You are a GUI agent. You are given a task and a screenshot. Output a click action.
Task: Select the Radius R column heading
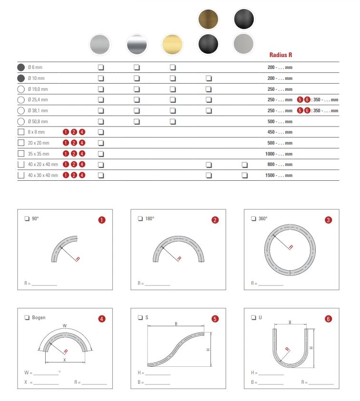click(280, 55)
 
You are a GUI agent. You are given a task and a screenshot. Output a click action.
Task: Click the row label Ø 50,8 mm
click(38, 121)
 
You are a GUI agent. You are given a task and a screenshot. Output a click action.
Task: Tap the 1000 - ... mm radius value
click(279, 154)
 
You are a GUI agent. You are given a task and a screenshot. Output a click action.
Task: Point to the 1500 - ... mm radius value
click(279, 175)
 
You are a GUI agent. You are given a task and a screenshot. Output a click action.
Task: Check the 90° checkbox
click(27, 219)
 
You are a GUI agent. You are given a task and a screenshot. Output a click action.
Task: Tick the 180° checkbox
click(140, 219)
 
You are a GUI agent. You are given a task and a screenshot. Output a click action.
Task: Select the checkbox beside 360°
click(253, 219)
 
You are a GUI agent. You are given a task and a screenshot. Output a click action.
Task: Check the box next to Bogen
click(27, 318)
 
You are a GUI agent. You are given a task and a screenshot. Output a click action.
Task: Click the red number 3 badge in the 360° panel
click(328, 220)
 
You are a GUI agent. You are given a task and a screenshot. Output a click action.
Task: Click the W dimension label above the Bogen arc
click(65, 326)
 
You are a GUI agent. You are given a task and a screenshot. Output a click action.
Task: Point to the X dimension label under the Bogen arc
click(65, 361)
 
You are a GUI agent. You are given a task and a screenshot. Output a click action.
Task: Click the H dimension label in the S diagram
click(208, 350)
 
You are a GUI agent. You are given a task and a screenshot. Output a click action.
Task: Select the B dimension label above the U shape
click(290, 323)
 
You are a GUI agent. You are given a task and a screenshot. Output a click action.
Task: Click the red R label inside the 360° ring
click(291, 247)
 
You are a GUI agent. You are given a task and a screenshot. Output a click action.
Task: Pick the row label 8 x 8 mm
click(36, 132)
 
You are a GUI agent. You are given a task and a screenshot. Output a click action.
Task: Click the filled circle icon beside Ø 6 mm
click(20, 67)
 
